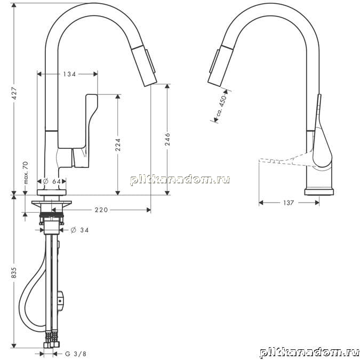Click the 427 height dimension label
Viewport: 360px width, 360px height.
coord(14,93)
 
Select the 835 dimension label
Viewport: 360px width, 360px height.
coord(14,273)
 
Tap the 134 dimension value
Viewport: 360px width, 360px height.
coord(69,74)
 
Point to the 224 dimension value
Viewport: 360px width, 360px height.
coord(118,145)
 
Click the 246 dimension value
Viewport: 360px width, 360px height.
coord(167,139)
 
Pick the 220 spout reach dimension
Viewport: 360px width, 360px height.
coord(101,210)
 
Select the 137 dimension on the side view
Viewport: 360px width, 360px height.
coord(289,203)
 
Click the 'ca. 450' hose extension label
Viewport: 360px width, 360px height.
coord(222,105)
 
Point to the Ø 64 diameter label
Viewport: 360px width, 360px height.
coord(52,181)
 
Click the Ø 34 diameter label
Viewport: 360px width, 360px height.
coord(79,230)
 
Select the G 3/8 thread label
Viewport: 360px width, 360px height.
coord(76,354)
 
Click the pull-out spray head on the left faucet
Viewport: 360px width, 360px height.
coord(145,66)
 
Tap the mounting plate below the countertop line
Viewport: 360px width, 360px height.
coord(52,203)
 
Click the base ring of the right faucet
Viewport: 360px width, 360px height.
coord(319,192)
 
